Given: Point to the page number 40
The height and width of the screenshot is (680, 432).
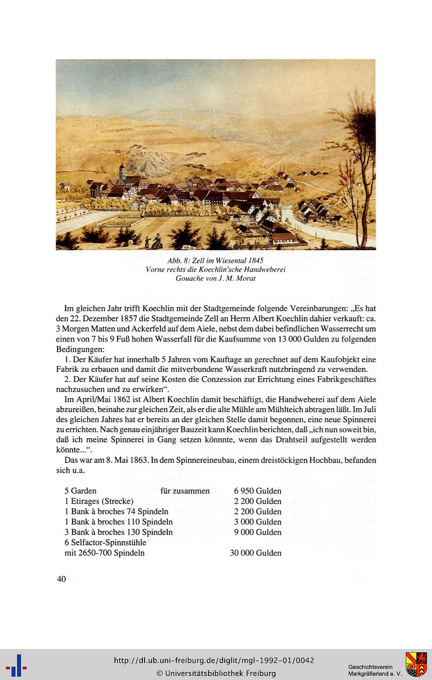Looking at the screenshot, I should click(61, 579).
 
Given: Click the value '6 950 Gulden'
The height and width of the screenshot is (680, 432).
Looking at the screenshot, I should click(257, 491).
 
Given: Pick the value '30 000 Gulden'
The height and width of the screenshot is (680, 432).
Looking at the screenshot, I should click(256, 553).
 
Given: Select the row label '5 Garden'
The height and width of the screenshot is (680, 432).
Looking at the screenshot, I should click(81, 491).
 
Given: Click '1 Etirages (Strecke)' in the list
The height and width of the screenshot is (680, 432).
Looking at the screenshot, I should click(99, 501).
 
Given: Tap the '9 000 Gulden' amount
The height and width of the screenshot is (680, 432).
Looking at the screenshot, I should click(257, 532).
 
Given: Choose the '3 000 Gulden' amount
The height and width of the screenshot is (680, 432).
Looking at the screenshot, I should click(257, 522).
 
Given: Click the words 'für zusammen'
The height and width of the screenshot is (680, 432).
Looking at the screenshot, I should click(185, 491).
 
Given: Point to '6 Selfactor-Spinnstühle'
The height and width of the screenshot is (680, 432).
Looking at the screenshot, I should click(106, 542).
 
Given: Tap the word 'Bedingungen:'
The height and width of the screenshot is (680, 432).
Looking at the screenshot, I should click(80, 349).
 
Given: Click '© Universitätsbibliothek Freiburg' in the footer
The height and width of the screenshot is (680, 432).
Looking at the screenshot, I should click(216, 673).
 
